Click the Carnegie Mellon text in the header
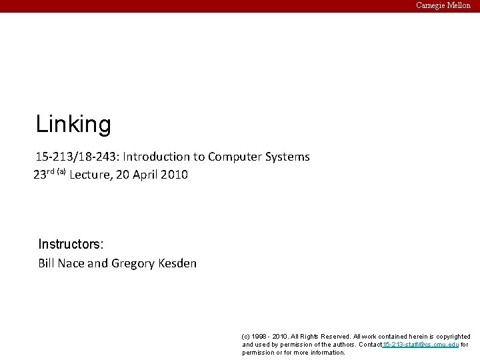[x=443, y=5]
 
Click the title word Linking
[x=73, y=124]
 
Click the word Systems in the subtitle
[x=287, y=157]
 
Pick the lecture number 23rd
[x=44, y=175]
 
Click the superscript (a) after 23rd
[x=61, y=172]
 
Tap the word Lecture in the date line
[x=91, y=175]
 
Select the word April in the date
[x=147, y=175]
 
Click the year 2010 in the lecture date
[x=175, y=175]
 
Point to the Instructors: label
[x=71, y=244]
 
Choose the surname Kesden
[x=177, y=263]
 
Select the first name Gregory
[x=133, y=263]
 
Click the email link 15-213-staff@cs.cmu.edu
[x=421, y=345]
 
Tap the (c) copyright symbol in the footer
[x=246, y=337]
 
